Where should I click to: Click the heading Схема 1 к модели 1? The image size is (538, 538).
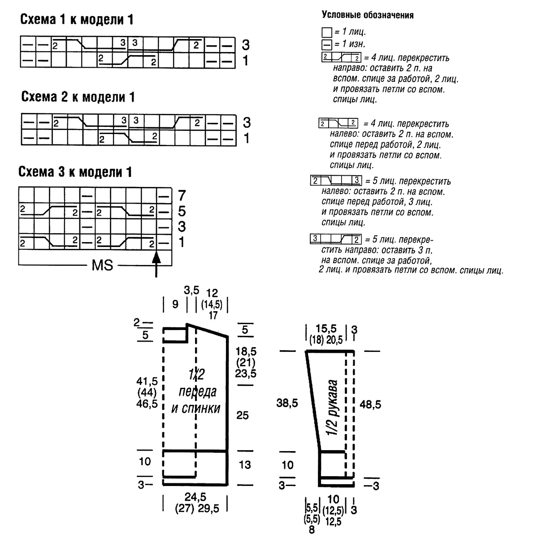tap(77, 20)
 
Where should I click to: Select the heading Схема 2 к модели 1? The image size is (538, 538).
tap(78, 97)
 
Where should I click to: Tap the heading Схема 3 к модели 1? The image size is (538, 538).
tap(75, 172)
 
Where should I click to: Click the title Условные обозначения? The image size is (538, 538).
tap(368, 15)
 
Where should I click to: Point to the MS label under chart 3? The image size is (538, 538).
tap(102, 265)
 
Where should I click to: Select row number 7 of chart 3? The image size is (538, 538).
tap(182, 195)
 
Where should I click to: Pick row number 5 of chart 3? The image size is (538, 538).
tap(182, 211)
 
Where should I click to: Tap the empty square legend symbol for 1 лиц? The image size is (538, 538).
tap(327, 32)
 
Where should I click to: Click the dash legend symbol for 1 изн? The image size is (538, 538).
tap(327, 45)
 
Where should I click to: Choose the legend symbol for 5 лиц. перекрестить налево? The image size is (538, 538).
tap(336, 180)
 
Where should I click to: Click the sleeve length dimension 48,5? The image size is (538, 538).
tap(370, 404)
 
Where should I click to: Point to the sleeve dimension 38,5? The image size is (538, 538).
tap(287, 403)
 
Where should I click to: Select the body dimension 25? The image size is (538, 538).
tap(243, 415)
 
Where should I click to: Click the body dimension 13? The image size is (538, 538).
tap(245, 464)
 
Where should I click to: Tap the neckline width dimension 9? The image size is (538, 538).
tap(175, 304)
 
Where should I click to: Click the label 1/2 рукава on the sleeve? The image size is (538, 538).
tap(332, 407)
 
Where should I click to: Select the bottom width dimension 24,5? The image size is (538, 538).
tap(195, 497)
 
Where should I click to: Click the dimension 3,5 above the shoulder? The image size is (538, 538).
tap(191, 291)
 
